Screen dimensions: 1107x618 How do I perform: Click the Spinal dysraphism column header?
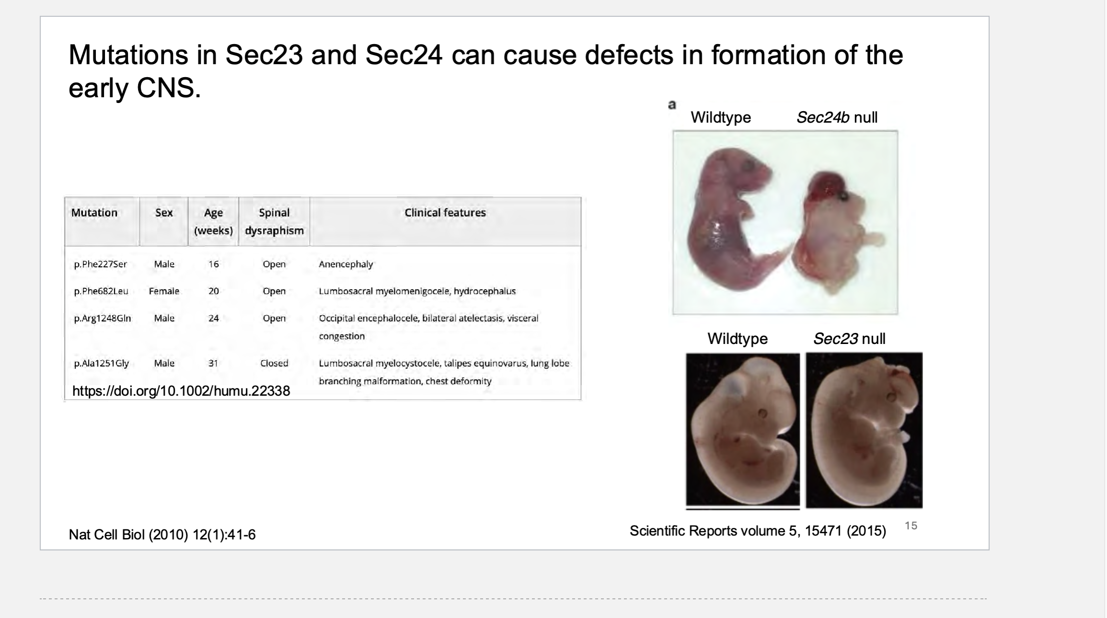coord(274,221)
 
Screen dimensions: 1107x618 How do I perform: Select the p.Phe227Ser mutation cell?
coord(100,264)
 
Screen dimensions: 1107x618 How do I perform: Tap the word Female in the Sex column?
coord(164,291)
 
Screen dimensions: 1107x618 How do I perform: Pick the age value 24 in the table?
coord(213,318)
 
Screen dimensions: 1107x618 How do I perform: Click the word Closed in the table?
coord(274,363)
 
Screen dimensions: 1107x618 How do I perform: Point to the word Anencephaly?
coord(346,264)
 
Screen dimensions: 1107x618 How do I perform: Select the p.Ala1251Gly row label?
coord(101,363)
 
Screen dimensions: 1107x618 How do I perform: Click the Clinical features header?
coord(445,213)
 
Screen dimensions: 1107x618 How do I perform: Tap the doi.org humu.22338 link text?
coord(181,391)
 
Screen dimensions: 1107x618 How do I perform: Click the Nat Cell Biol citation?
coord(162,535)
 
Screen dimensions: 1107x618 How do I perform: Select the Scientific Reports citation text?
coord(758,531)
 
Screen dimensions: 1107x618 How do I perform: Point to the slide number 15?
coord(911,526)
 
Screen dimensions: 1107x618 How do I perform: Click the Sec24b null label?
coord(837,117)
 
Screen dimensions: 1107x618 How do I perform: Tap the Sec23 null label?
coord(849,339)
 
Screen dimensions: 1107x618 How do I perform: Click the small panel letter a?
coord(672,104)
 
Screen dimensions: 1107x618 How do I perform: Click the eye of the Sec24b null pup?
coord(842,195)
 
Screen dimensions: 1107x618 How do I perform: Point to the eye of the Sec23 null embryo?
coord(891,397)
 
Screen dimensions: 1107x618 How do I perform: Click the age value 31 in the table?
coord(213,363)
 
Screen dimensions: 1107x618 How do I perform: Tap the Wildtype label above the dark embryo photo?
coord(738,339)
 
